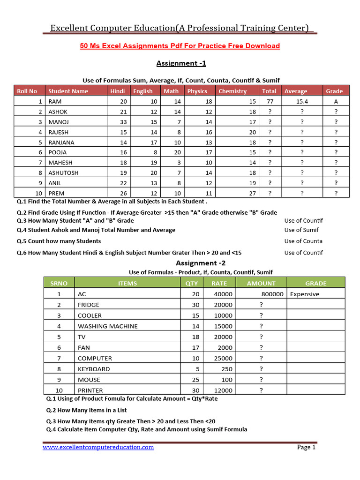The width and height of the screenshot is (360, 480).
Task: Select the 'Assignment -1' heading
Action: click(x=181, y=63)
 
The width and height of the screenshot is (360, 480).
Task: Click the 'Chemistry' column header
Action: click(x=232, y=91)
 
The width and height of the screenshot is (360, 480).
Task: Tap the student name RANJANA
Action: click(x=61, y=142)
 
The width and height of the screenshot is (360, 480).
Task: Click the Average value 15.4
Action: click(x=302, y=102)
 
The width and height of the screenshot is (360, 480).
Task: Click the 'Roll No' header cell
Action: click(x=27, y=91)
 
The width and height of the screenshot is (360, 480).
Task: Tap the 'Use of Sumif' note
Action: click(x=301, y=230)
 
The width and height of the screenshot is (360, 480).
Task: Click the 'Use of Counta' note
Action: click(x=303, y=241)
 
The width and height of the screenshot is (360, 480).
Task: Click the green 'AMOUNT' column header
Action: click(x=261, y=284)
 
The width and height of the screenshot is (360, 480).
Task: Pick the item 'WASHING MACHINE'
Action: click(x=108, y=326)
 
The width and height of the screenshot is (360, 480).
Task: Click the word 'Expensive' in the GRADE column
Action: click(x=305, y=294)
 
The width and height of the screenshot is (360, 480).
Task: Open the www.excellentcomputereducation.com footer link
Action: click(x=98, y=448)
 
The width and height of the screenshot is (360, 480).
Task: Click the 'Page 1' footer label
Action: click(x=307, y=448)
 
